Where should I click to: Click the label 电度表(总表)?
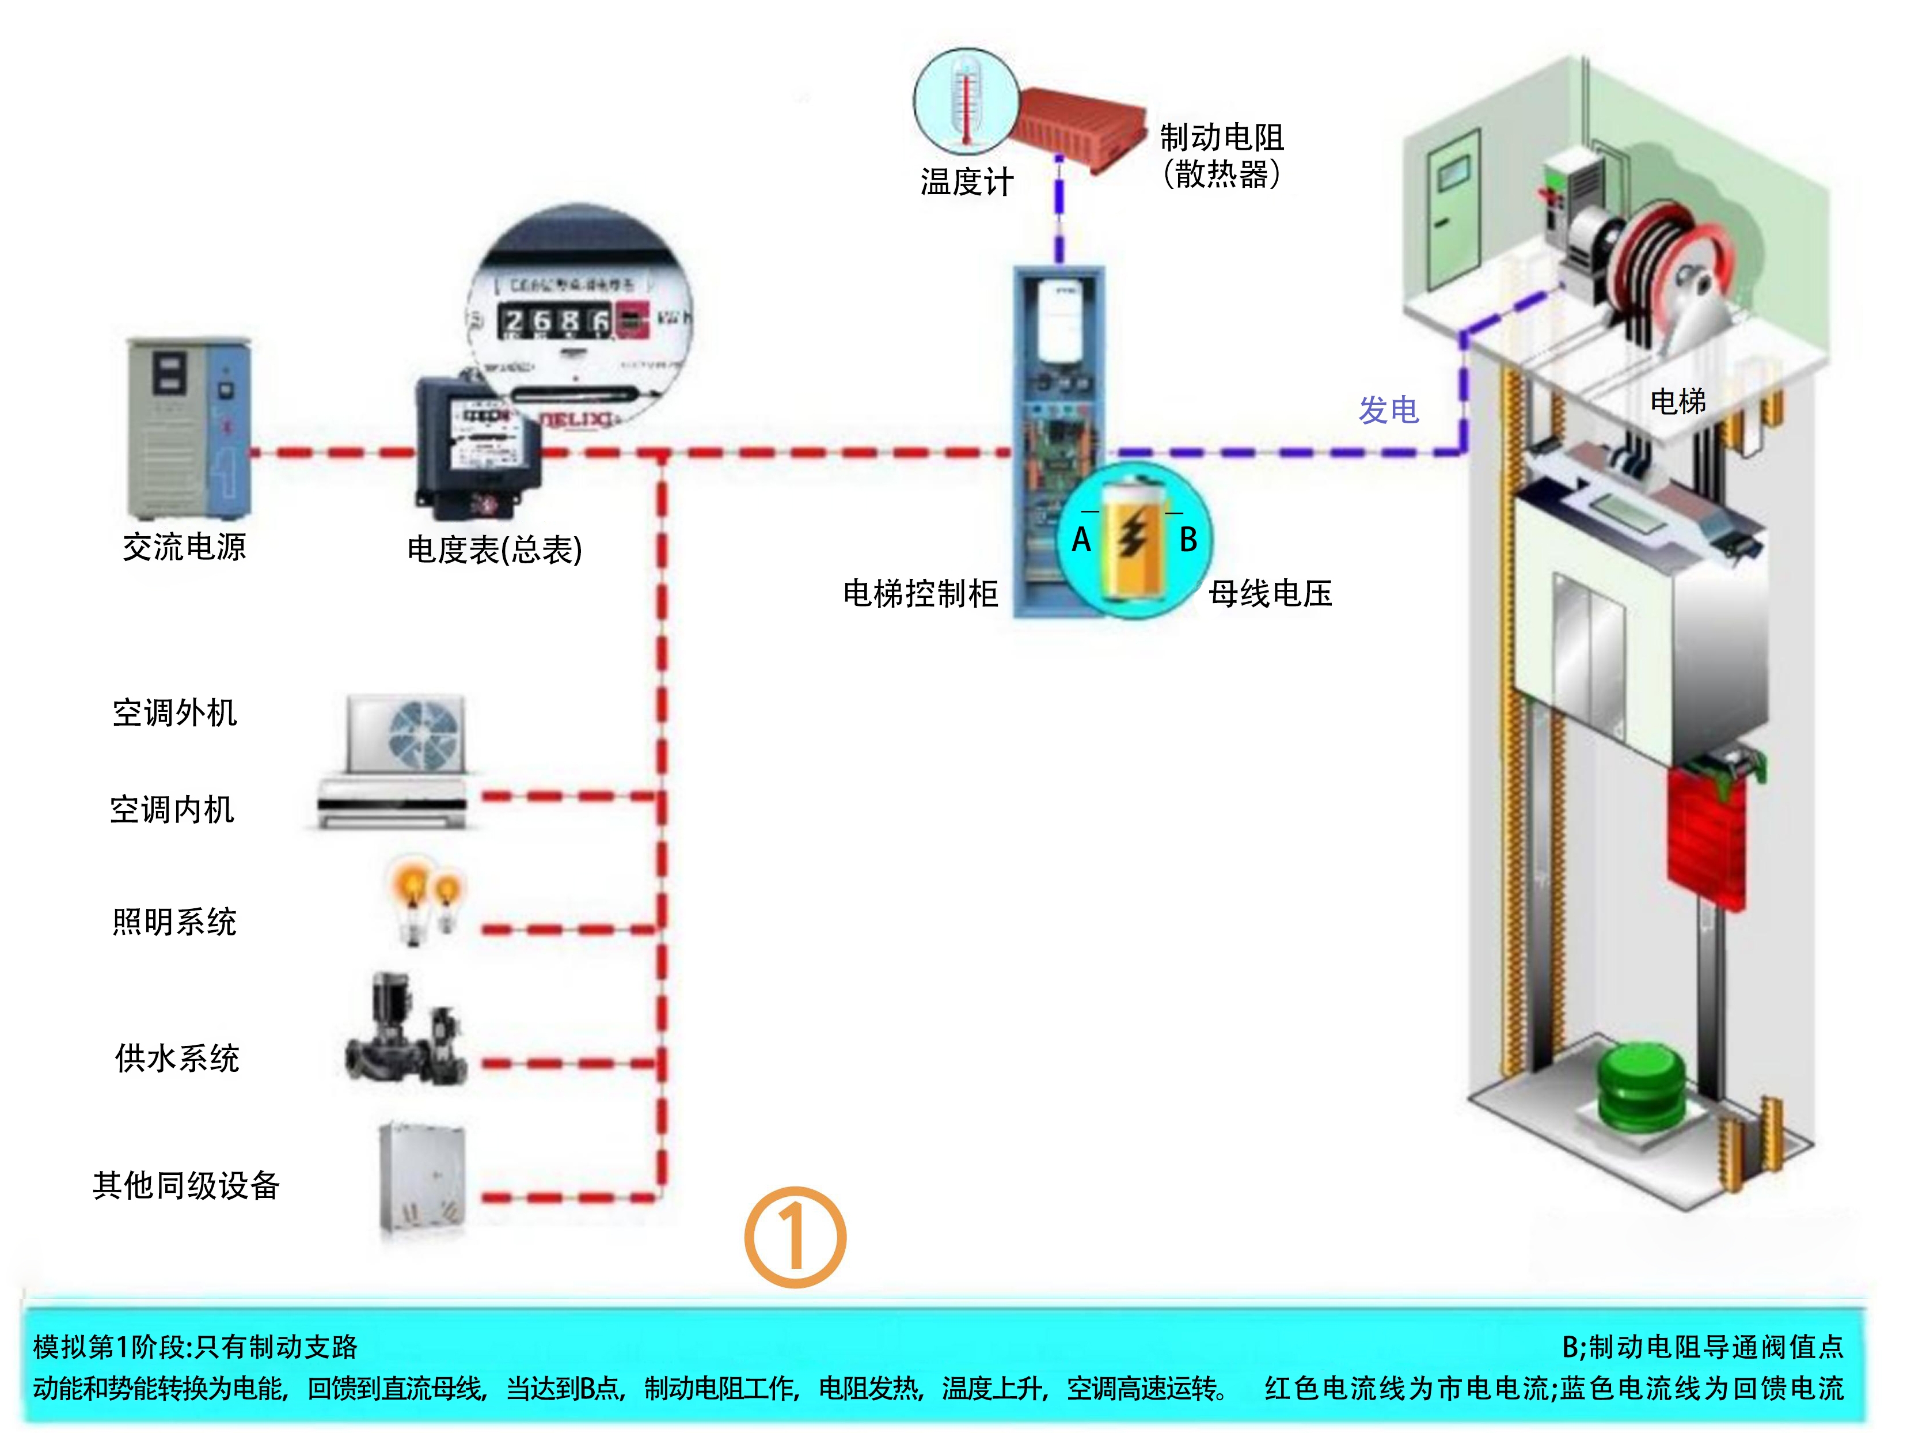495,549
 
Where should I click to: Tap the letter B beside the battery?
1188,540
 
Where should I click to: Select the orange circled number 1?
795,1237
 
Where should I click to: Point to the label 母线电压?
1270,594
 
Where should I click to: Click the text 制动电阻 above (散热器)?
1222,137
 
